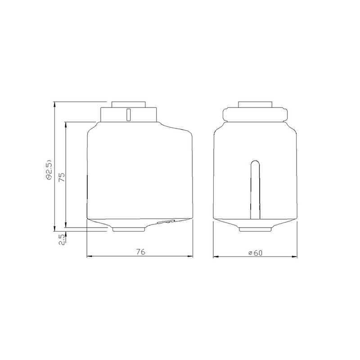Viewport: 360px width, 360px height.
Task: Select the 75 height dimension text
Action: pyautogui.click(x=62, y=177)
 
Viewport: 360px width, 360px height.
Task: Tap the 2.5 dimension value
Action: pyautogui.click(x=62, y=240)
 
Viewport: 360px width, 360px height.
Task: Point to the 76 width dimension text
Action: pyautogui.click(x=141, y=252)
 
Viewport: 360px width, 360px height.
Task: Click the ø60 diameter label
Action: pyautogui.click(x=255, y=253)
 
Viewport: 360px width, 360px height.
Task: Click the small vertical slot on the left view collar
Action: pyautogui.click(x=129, y=115)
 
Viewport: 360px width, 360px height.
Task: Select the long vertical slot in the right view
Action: pyautogui.click(x=255, y=189)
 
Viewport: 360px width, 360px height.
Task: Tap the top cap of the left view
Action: pyautogui.click(x=129, y=104)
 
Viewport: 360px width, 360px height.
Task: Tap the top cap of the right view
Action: pyautogui.click(x=255, y=104)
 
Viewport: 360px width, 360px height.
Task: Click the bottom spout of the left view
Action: pyautogui.click(x=129, y=229)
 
